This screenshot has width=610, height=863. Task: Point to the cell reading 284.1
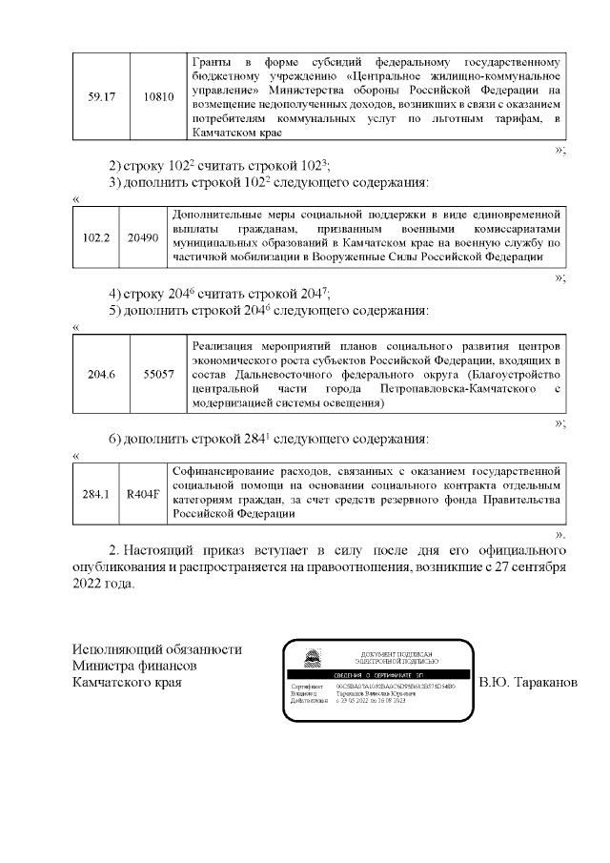point(96,493)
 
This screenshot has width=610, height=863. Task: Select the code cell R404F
point(143,493)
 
